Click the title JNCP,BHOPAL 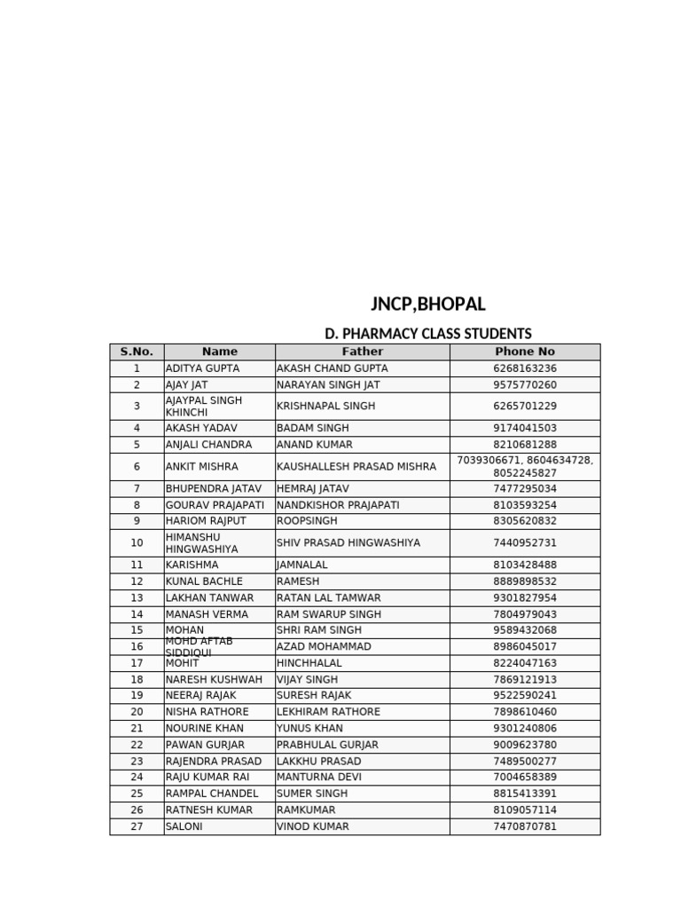pyautogui.click(x=428, y=304)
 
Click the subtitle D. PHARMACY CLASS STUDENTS pyautogui.click(x=428, y=334)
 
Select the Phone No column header pyautogui.click(x=525, y=352)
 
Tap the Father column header pyautogui.click(x=362, y=352)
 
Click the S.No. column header pyautogui.click(x=137, y=352)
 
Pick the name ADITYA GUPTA pyautogui.click(x=202, y=368)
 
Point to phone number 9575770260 pyautogui.click(x=525, y=385)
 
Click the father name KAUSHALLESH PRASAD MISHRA pyautogui.click(x=356, y=467)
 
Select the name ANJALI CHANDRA pyautogui.click(x=208, y=445)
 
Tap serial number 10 pyautogui.click(x=137, y=543)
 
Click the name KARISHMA pyautogui.click(x=192, y=565)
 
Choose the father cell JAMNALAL pyautogui.click(x=302, y=565)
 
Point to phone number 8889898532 pyautogui.click(x=525, y=581)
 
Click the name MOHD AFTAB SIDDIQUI pyautogui.click(x=200, y=647)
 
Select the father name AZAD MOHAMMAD pyautogui.click(x=324, y=647)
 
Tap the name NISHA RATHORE pyautogui.click(x=207, y=712)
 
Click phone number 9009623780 pyautogui.click(x=525, y=745)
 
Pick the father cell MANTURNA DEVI pyautogui.click(x=319, y=777)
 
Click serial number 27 pyautogui.click(x=137, y=826)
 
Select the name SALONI pyautogui.click(x=184, y=826)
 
